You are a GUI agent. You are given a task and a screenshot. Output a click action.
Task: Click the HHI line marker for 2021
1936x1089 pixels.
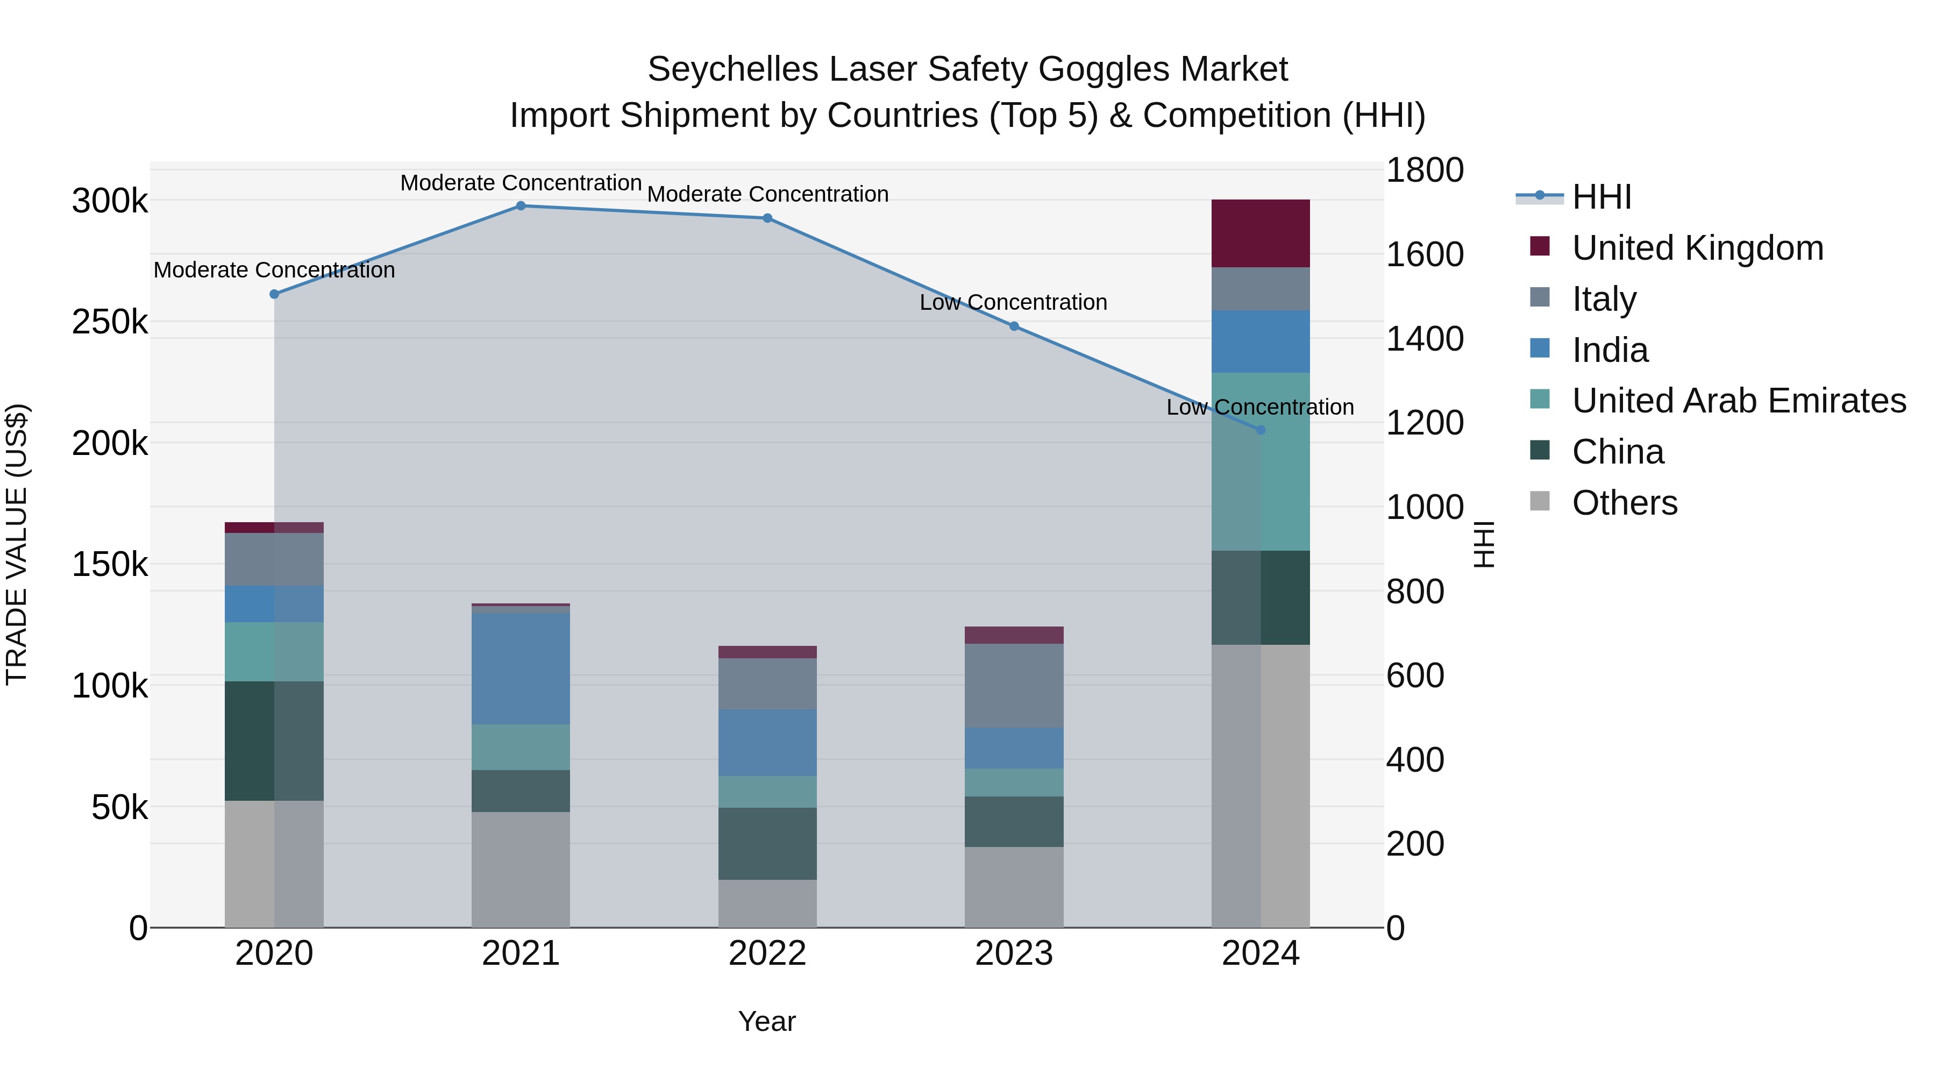[x=521, y=206]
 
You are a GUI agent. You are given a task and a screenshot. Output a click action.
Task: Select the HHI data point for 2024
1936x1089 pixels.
[x=1261, y=430]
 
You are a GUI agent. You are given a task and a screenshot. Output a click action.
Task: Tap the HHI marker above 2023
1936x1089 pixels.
[x=1014, y=326]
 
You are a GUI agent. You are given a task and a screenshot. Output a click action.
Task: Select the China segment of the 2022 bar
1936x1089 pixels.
[x=767, y=843]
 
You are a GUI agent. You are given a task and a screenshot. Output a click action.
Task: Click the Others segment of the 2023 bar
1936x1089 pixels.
[x=1014, y=887]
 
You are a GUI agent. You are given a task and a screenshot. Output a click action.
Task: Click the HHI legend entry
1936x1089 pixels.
[x=1601, y=197]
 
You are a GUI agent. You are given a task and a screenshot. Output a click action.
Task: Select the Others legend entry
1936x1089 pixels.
[x=1624, y=503]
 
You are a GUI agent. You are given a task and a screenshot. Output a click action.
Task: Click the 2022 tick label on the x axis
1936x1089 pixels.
[x=767, y=953]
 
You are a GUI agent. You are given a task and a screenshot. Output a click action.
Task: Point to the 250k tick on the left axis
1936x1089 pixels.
[x=110, y=323]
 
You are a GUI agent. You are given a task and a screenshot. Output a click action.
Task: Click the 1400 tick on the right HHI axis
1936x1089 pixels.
[x=1424, y=339]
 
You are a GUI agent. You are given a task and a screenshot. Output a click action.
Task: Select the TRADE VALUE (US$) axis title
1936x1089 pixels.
[x=17, y=545]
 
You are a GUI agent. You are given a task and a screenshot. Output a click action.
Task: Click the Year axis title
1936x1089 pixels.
[x=766, y=1021]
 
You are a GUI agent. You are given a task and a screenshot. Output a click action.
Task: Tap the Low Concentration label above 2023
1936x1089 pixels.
[x=1013, y=302]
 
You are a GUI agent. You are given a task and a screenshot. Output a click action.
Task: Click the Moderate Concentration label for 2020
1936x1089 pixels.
[x=274, y=270]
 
